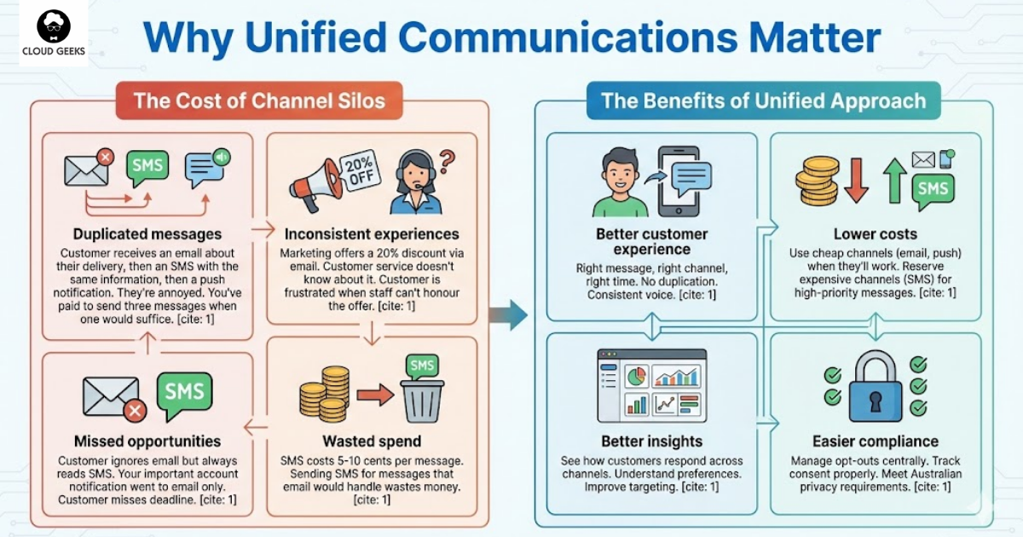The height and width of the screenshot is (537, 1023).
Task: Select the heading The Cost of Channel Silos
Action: click(259, 101)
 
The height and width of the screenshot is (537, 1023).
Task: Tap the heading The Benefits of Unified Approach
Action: click(763, 101)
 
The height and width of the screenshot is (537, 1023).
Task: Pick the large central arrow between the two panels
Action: click(511, 315)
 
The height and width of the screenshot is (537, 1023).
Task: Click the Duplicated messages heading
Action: click(147, 234)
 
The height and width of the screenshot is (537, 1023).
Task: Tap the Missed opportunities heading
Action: click(147, 441)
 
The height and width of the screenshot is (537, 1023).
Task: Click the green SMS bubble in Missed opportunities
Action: click(184, 394)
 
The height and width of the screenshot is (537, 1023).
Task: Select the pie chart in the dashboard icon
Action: click(637, 376)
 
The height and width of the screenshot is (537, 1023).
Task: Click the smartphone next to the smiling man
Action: click(679, 181)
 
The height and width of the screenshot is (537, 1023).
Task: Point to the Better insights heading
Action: click(652, 441)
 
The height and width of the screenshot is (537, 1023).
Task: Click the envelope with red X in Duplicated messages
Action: click(88, 169)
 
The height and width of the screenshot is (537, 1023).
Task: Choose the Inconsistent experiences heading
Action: click(371, 234)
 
